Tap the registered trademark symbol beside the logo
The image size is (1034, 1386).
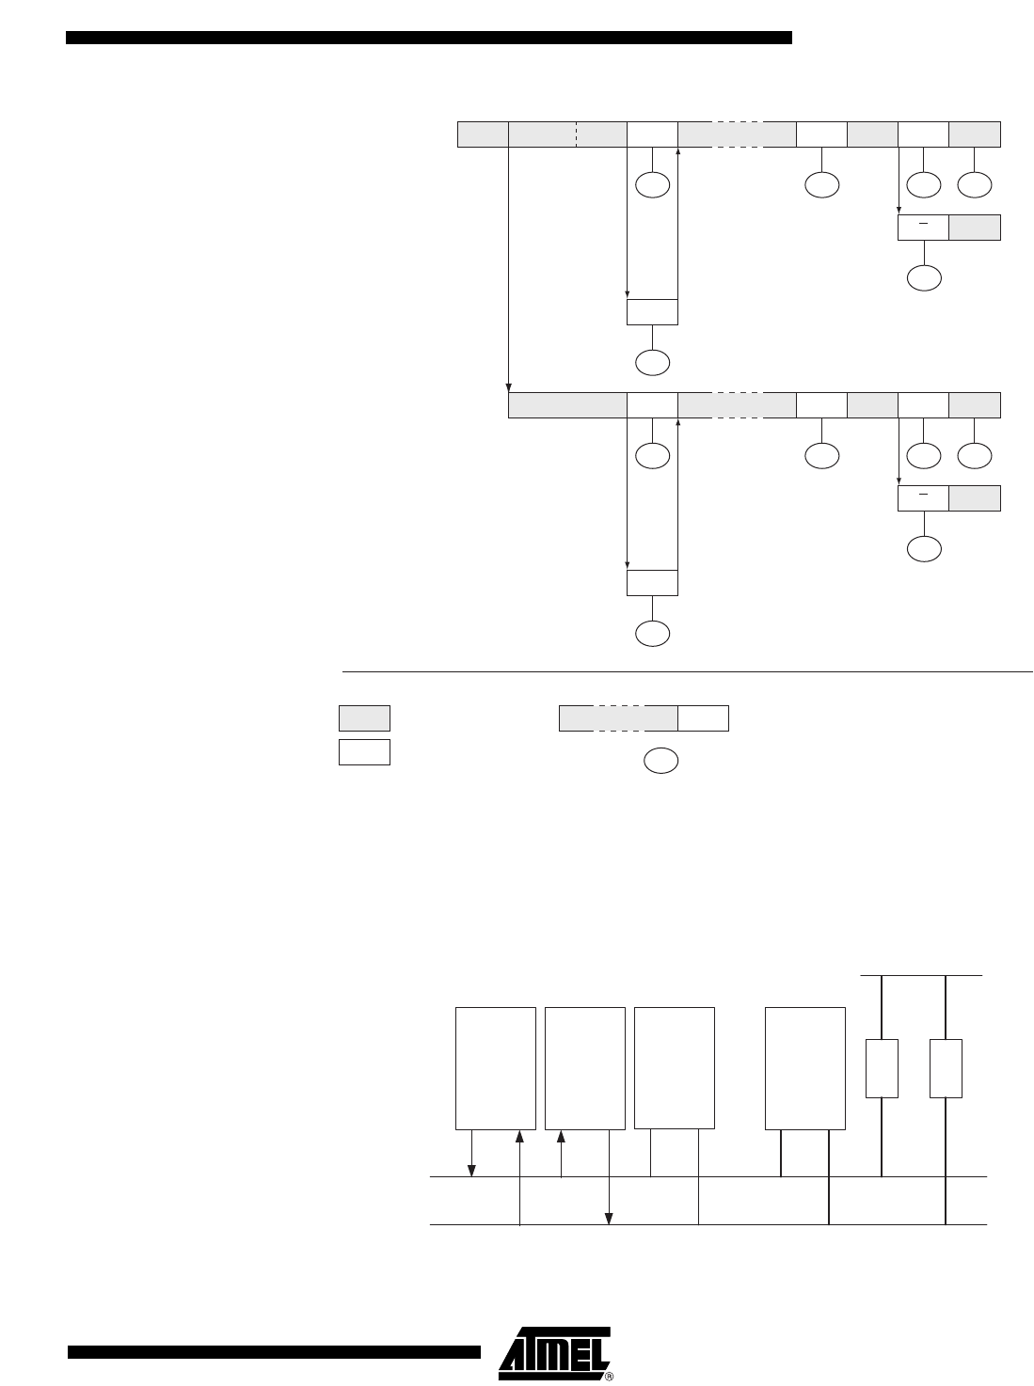point(609,1377)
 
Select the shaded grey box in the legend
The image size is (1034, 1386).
point(364,718)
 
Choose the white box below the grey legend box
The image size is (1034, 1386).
point(364,752)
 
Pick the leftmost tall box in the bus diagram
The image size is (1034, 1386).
point(496,1068)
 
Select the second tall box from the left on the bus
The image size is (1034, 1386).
point(584,1068)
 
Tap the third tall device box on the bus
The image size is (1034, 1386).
point(675,1068)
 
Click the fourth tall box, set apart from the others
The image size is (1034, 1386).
point(805,1068)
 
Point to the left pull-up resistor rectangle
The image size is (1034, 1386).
point(882,1068)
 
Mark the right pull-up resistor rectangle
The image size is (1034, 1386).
point(946,1068)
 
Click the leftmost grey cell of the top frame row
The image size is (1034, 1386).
point(483,134)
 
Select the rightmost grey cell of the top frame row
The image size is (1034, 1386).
point(975,134)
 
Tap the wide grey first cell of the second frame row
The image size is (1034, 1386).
point(567,405)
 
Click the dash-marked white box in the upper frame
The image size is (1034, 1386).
point(923,228)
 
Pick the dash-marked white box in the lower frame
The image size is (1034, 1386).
point(923,498)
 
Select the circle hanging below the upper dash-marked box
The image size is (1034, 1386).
point(924,277)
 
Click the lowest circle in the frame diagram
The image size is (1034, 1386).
point(652,634)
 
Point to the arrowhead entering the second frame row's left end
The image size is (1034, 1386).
point(509,387)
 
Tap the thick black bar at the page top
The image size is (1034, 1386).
point(429,38)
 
